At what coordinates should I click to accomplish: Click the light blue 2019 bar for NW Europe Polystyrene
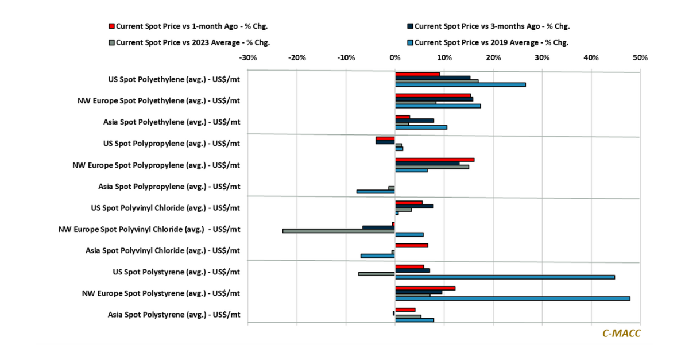pos(512,299)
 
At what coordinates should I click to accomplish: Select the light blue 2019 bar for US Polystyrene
pos(505,277)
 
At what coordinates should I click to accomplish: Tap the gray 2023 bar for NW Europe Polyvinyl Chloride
pos(339,231)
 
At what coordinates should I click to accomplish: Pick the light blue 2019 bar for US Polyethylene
pos(460,84)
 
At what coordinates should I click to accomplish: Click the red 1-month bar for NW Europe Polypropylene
pos(435,160)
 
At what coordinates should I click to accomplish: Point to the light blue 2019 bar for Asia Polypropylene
pos(376,192)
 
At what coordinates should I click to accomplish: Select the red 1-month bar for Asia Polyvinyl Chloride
pos(411,245)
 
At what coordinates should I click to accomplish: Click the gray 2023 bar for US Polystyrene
pos(377,273)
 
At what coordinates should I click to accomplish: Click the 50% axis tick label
pos(640,58)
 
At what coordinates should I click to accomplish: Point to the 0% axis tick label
pos(395,58)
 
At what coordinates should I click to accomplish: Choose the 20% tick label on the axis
pos(493,58)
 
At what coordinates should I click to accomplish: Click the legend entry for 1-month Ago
pos(192,26)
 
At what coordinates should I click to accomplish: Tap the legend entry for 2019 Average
pos(491,42)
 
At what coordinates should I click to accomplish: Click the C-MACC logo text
pos(621,334)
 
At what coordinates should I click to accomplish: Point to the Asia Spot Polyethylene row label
pos(172,122)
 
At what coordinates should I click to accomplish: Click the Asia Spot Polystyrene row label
pos(174,315)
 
